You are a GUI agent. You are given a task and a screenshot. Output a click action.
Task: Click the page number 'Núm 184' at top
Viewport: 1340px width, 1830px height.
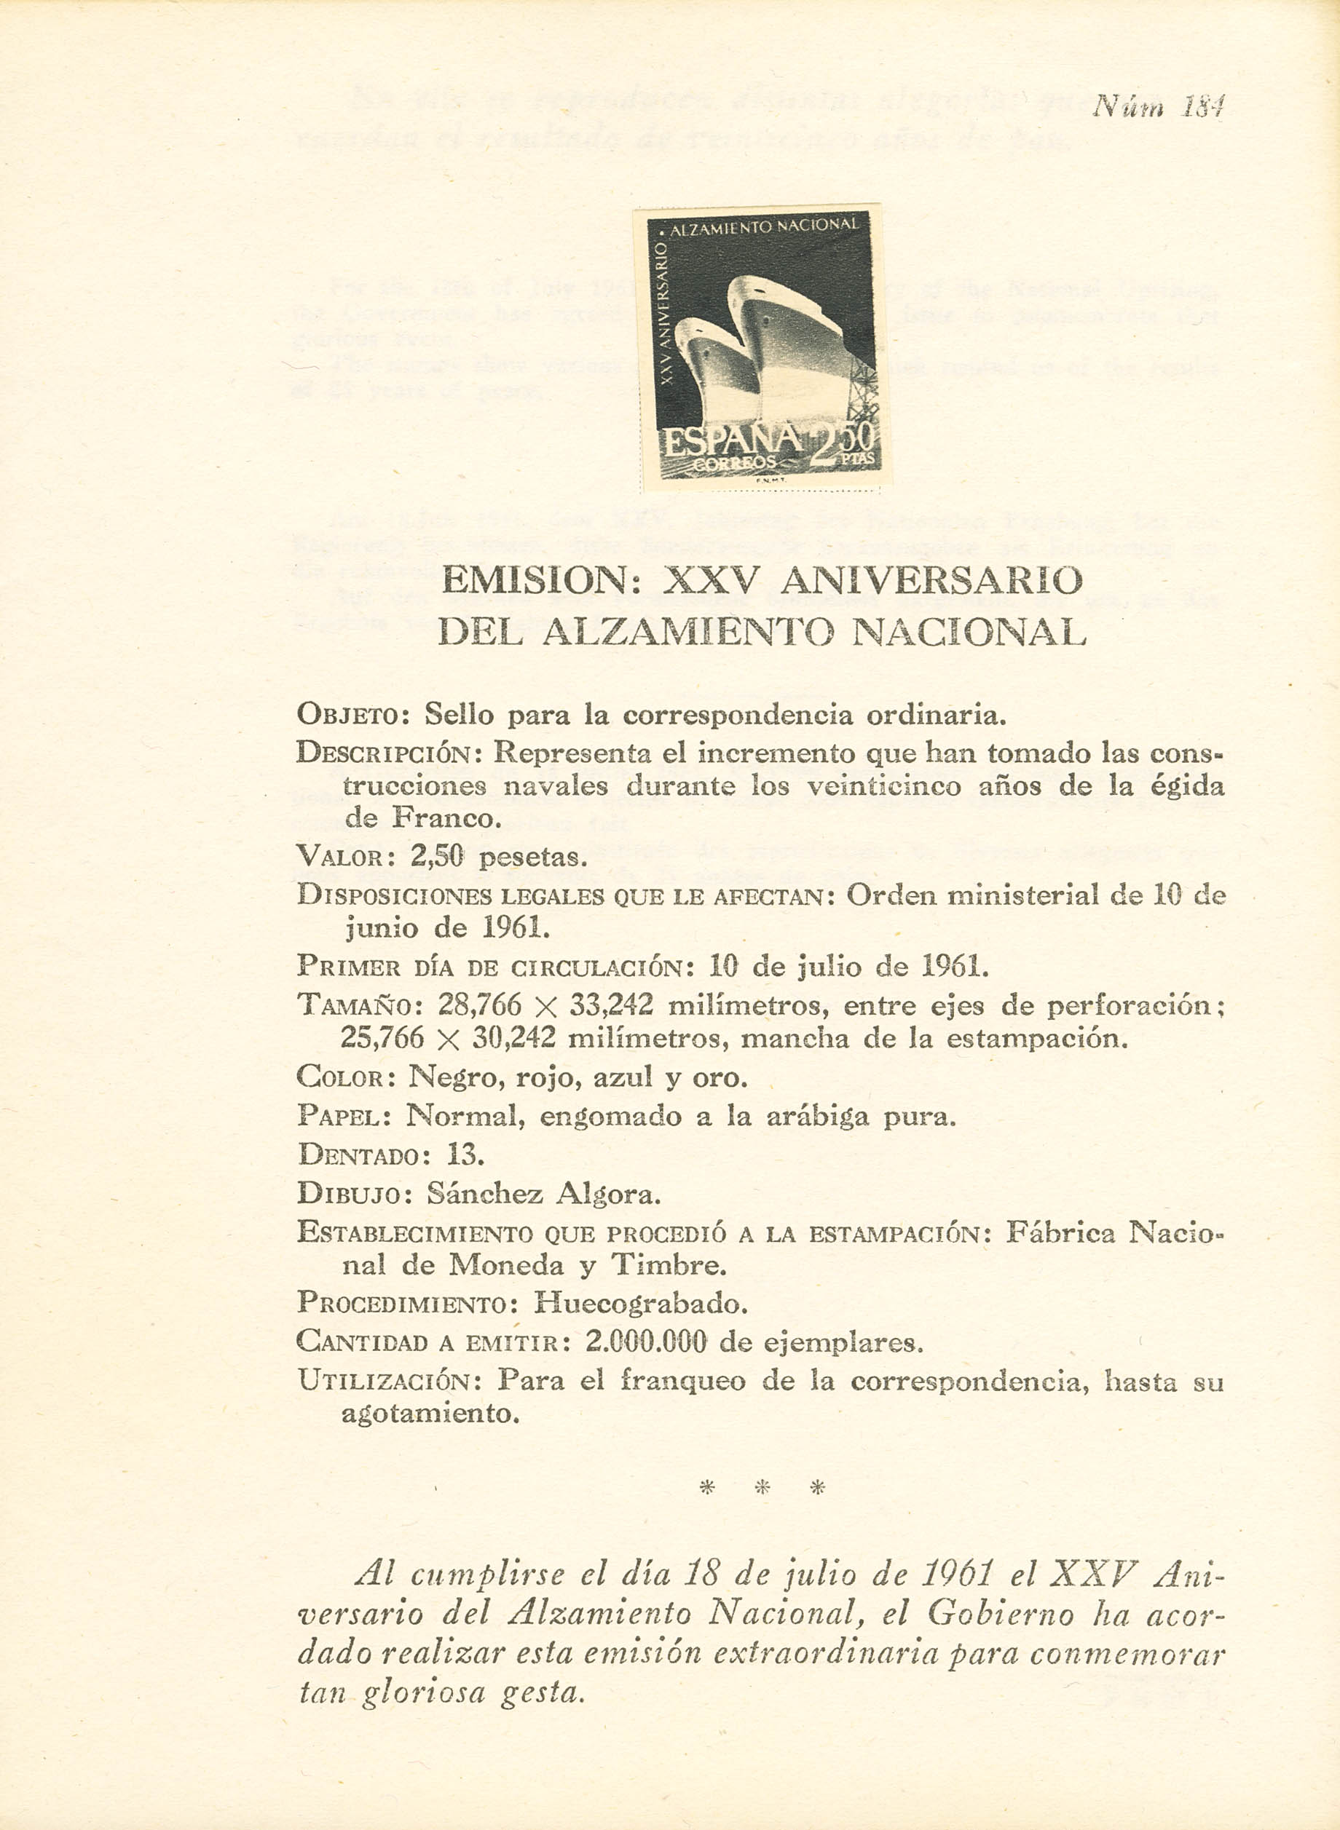(x=1157, y=106)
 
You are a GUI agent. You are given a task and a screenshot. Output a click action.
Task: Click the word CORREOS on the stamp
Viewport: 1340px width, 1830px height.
(x=736, y=463)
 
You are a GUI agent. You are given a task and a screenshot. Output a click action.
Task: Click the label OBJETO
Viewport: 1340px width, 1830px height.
(x=355, y=715)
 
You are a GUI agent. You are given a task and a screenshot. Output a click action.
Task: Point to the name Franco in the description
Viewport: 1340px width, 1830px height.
(x=443, y=817)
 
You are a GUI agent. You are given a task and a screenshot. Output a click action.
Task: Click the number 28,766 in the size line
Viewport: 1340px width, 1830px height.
(x=479, y=1005)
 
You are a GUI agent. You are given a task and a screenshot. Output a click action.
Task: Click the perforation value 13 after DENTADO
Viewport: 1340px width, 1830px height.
(x=465, y=1154)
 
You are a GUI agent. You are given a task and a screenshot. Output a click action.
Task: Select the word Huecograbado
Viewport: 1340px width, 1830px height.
(x=640, y=1303)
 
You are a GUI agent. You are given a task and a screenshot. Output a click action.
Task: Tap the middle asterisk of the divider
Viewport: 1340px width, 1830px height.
(x=762, y=1487)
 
